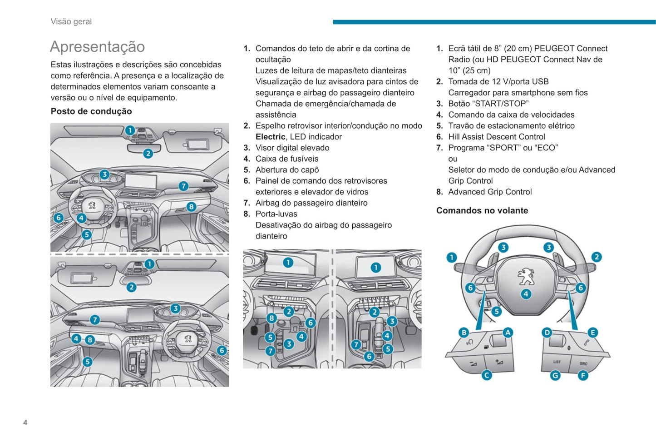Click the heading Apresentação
(x=97, y=47)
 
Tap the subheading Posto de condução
(x=91, y=111)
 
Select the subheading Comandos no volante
(x=482, y=210)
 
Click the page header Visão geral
(x=71, y=21)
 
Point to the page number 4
(x=25, y=423)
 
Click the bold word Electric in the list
(x=270, y=137)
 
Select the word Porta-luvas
(x=276, y=214)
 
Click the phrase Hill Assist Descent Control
(x=497, y=137)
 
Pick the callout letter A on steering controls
(x=508, y=333)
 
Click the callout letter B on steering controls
(x=464, y=333)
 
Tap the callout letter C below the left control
(x=487, y=375)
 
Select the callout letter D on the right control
(x=547, y=333)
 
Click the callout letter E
(x=592, y=333)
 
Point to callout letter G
(x=555, y=375)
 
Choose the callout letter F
(x=583, y=375)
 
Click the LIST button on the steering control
(x=557, y=362)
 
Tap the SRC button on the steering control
(x=583, y=363)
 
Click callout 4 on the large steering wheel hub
(x=526, y=294)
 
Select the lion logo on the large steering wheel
(x=526, y=276)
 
